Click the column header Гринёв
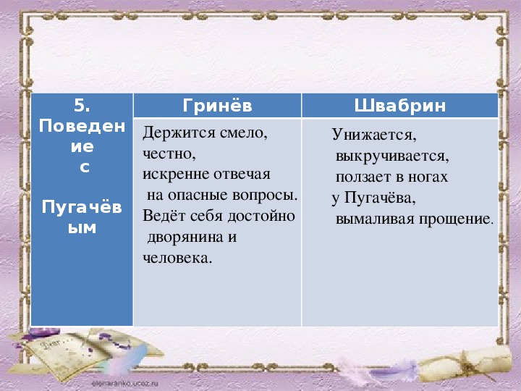[217, 106]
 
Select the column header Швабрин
[399, 106]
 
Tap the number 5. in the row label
[82, 106]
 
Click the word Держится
[179, 134]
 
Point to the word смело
[244, 134]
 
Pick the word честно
[169, 154]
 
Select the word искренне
[176, 175]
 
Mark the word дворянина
[185, 237]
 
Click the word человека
[177, 258]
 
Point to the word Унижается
[374, 135]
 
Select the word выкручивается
[392, 156]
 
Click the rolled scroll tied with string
[465, 363]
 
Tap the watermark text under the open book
[125, 384]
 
